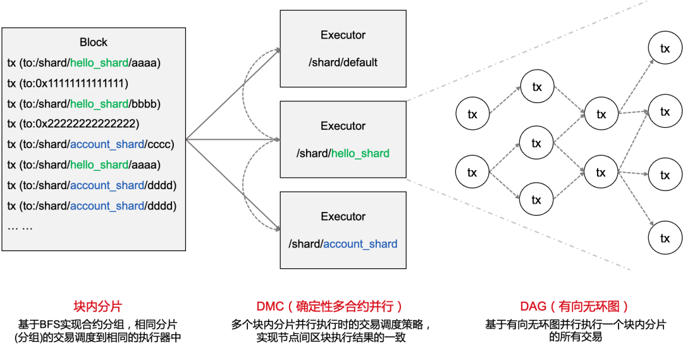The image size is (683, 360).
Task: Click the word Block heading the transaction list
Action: coord(94,42)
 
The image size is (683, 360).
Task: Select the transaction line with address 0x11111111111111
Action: coord(68,83)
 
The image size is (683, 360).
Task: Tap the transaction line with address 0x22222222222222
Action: coord(73,124)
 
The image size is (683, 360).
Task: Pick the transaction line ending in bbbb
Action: coord(83,104)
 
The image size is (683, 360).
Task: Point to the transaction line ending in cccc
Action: coord(90,144)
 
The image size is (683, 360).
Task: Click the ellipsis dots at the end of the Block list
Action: coord(20,227)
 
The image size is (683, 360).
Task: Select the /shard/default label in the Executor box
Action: coord(343,63)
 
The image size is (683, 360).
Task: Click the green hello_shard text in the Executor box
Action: coord(360,153)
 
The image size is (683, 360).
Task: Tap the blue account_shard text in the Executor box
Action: coord(360,244)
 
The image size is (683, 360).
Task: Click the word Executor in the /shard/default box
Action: coord(343,35)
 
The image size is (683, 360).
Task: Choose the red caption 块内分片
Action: coord(97,307)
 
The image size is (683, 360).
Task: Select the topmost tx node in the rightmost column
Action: coord(665,49)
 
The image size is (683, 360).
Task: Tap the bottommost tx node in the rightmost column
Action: coord(665,239)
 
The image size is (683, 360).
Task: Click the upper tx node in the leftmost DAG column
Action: coord(472,115)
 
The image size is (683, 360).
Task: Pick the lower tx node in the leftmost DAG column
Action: coord(472,172)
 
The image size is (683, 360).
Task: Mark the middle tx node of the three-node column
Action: coord(536,144)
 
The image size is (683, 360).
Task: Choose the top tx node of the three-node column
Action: coord(536,87)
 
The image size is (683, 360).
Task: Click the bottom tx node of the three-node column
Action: coord(536,200)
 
